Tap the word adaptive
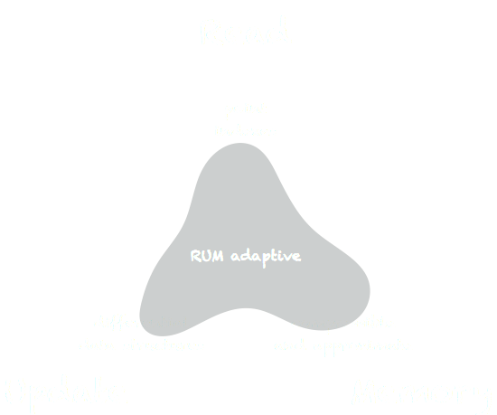coord(264,257)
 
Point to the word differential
coord(140,323)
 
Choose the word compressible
coord(343,323)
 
